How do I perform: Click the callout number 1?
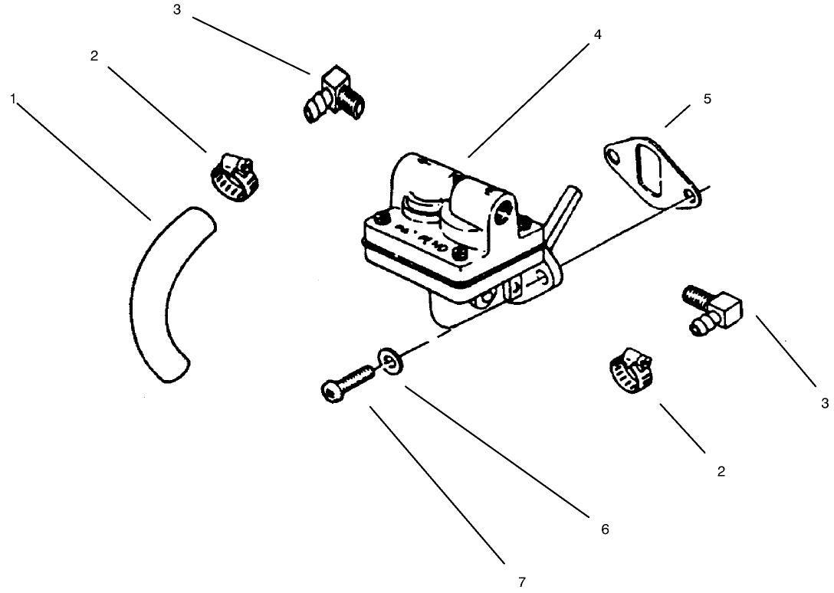(x=13, y=99)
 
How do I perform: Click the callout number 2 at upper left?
(x=94, y=57)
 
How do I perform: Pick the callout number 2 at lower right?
(x=721, y=471)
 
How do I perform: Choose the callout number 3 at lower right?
(x=825, y=402)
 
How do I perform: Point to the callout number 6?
(x=605, y=529)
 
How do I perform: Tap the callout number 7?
(x=522, y=582)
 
